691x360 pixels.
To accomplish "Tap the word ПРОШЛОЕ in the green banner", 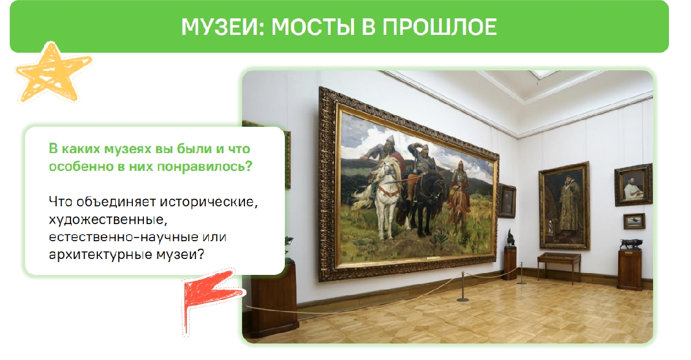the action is (439, 27).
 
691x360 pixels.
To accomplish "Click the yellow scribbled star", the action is (53, 73).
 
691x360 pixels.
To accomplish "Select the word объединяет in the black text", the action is (116, 202).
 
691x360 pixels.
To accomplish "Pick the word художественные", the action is (108, 220).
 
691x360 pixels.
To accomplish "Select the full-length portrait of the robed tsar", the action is (565, 206).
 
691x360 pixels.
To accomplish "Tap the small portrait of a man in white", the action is (633, 185).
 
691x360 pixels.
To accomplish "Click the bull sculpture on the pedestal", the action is (630, 244).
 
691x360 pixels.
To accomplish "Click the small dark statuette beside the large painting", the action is (510, 238).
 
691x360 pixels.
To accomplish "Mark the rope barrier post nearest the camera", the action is (463, 287).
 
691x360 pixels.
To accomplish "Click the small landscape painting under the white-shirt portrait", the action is (634, 221).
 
